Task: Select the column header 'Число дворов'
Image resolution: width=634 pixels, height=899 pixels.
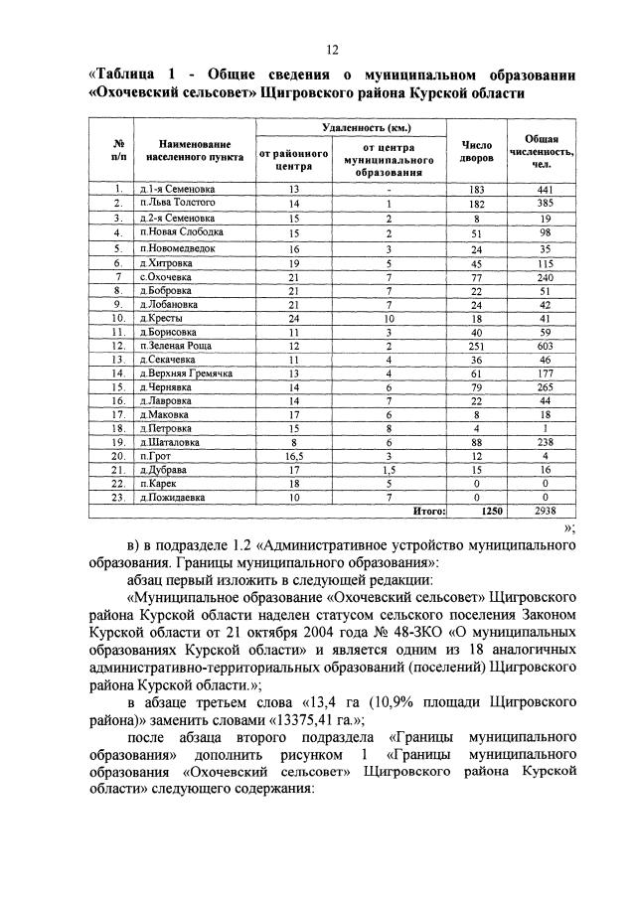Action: pyautogui.click(x=476, y=150)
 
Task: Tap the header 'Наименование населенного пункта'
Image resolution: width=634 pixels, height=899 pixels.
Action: pyautogui.click(x=187, y=150)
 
